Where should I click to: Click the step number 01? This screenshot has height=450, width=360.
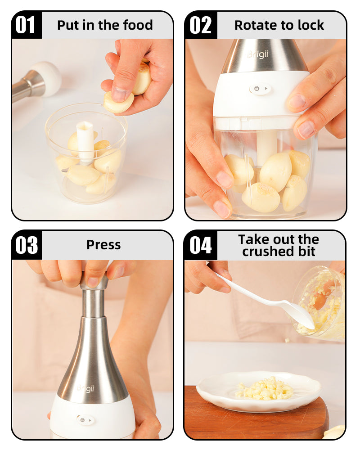(x=26, y=25)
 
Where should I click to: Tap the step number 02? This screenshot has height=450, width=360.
(x=200, y=25)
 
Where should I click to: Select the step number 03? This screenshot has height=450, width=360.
(x=27, y=245)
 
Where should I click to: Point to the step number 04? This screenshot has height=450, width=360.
(x=201, y=245)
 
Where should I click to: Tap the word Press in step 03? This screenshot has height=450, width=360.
(x=103, y=245)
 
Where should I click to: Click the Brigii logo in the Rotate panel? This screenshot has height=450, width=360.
(x=258, y=54)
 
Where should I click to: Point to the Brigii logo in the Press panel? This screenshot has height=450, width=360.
(x=85, y=388)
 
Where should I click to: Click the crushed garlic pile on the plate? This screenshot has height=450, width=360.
(x=264, y=389)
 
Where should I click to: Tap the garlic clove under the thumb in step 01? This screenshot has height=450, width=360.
(x=118, y=102)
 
